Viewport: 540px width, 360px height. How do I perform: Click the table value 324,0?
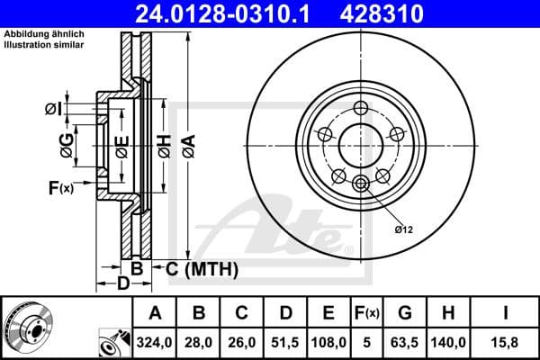156,343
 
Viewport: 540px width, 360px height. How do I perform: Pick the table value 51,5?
285,343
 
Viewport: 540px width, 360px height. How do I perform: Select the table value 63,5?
405,343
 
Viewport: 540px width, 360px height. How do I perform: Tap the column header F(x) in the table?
367,313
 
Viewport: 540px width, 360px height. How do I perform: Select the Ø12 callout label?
402,230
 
